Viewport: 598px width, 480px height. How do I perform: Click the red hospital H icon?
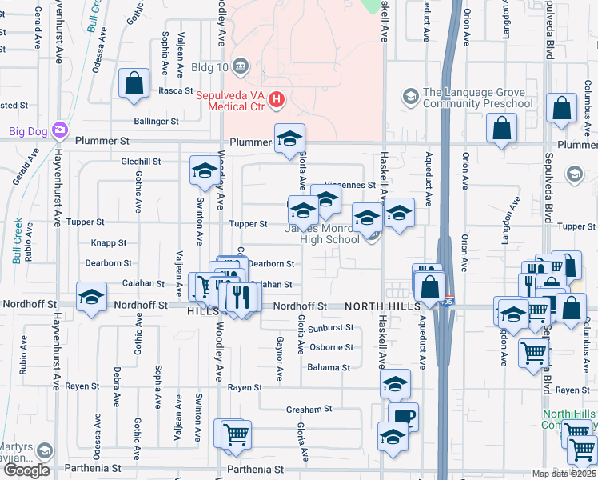pyautogui.click(x=276, y=99)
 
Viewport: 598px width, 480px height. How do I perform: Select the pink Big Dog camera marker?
pyautogui.click(x=59, y=130)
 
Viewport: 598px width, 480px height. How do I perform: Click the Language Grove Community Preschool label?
pyautogui.click(x=477, y=98)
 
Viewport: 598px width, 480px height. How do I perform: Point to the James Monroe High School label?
pyautogui.click(x=322, y=234)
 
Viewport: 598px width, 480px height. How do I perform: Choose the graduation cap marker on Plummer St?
pyautogui.click(x=289, y=139)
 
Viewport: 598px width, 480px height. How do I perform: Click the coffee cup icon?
pyautogui.click(x=403, y=417)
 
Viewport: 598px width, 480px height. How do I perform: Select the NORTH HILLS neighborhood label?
pyautogui.click(x=384, y=306)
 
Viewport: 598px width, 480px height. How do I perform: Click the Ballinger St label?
pyautogui.click(x=157, y=122)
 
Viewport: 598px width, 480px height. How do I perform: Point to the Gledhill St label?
pyautogui.click(x=141, y=161)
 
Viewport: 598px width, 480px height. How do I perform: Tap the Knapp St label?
pyautogui.click(x=109, y=242)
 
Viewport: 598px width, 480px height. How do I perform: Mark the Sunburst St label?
pyautogui.click(x=331, y=328)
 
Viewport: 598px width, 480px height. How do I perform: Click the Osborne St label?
pyautogui.click(x=332, y=347)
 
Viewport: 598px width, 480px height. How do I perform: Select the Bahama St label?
pyautogui.click(x=329, y=368)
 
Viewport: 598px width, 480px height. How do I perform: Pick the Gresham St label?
pyautogui.click(x=309, y=409)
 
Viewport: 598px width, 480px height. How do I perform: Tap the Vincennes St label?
pyautogui.click(x=350, y=185)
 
